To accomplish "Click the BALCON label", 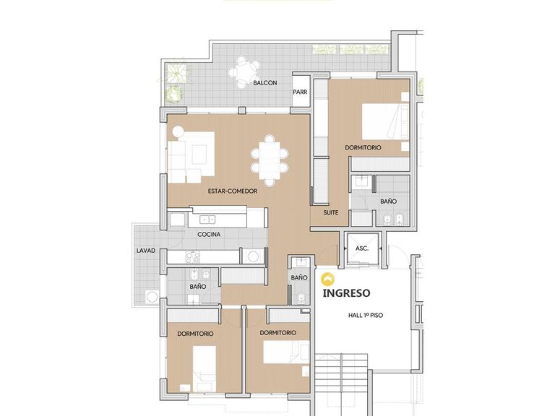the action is pos(264,83).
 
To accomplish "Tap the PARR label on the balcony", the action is pos(300,92).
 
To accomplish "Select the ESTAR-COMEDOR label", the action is pos(233,191).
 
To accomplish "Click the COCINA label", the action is pos(209,234).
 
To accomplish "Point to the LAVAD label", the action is pos(146,251).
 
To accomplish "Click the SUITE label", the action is pos(330,212).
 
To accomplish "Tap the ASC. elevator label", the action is pos(362,248).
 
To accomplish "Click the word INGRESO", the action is pos(347,293).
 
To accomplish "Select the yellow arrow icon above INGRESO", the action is pos(328,279).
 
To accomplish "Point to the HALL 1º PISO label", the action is pos(366,315).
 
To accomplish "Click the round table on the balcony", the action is pos(244,73).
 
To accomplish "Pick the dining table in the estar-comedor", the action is pos(270,160).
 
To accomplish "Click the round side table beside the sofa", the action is pos(178,131).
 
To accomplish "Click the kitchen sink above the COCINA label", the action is pos(207,220).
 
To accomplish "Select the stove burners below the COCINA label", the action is pos(192,257).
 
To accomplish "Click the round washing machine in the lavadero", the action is pos(152,296).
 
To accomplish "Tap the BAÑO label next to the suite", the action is pos(388,201).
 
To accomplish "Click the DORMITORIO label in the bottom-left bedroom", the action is pos(195,334).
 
